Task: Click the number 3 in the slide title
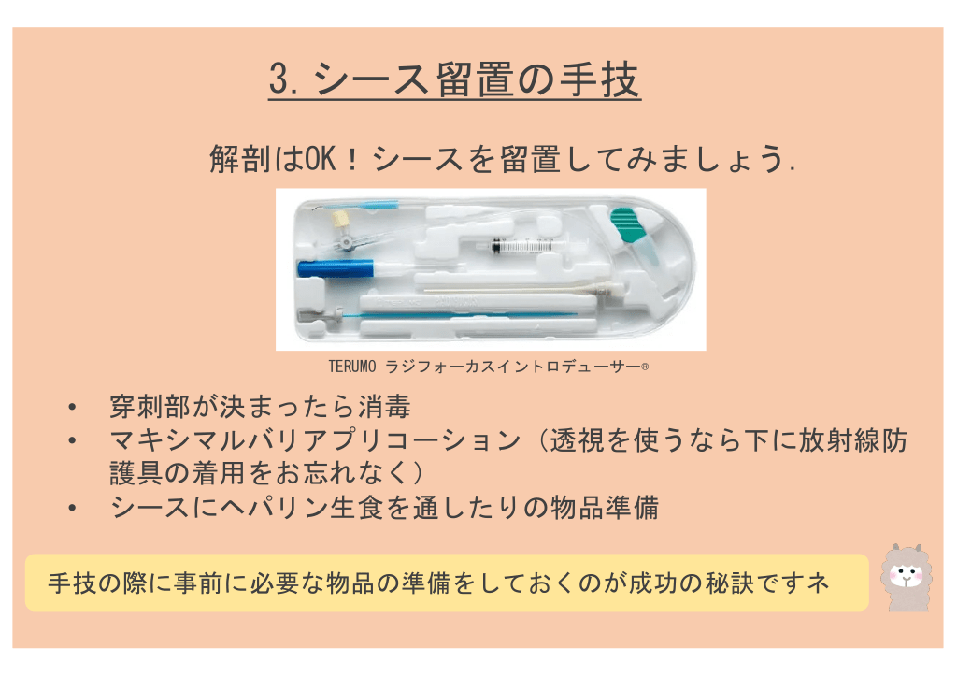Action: [279, 79]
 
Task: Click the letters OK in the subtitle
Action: [321, 159]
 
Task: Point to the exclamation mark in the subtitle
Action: [352, 159]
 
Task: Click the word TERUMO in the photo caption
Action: [352, 367]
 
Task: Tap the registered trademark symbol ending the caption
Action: [645, 367]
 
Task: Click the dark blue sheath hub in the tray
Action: [336, 268]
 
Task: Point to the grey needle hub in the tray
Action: [318, 316]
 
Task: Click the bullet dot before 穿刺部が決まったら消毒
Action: [73, 407]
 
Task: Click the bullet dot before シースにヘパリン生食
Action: [73, 508]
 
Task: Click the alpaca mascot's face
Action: [907, 576]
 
